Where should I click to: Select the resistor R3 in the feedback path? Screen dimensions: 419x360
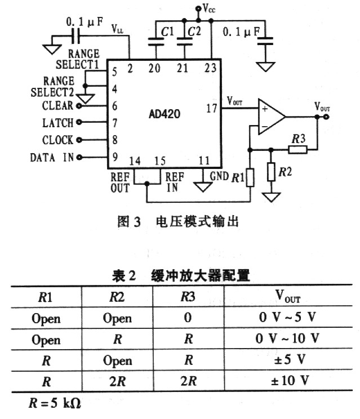pos(298,149)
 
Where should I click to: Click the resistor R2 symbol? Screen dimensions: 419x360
pos(273,171)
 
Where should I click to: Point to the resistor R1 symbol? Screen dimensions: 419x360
pos(250,176)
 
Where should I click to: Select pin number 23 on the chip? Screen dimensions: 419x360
pos(211,69)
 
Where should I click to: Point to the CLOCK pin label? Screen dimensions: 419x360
pos(57,140)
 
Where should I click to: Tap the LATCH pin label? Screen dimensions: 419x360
pos(57,123)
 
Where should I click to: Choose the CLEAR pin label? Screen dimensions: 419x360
pos(57,105)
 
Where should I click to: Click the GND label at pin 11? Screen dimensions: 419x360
pos(219,176)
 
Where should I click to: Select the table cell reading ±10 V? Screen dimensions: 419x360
pos(289,381)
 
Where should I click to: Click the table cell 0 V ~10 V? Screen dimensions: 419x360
pos(289,338)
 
